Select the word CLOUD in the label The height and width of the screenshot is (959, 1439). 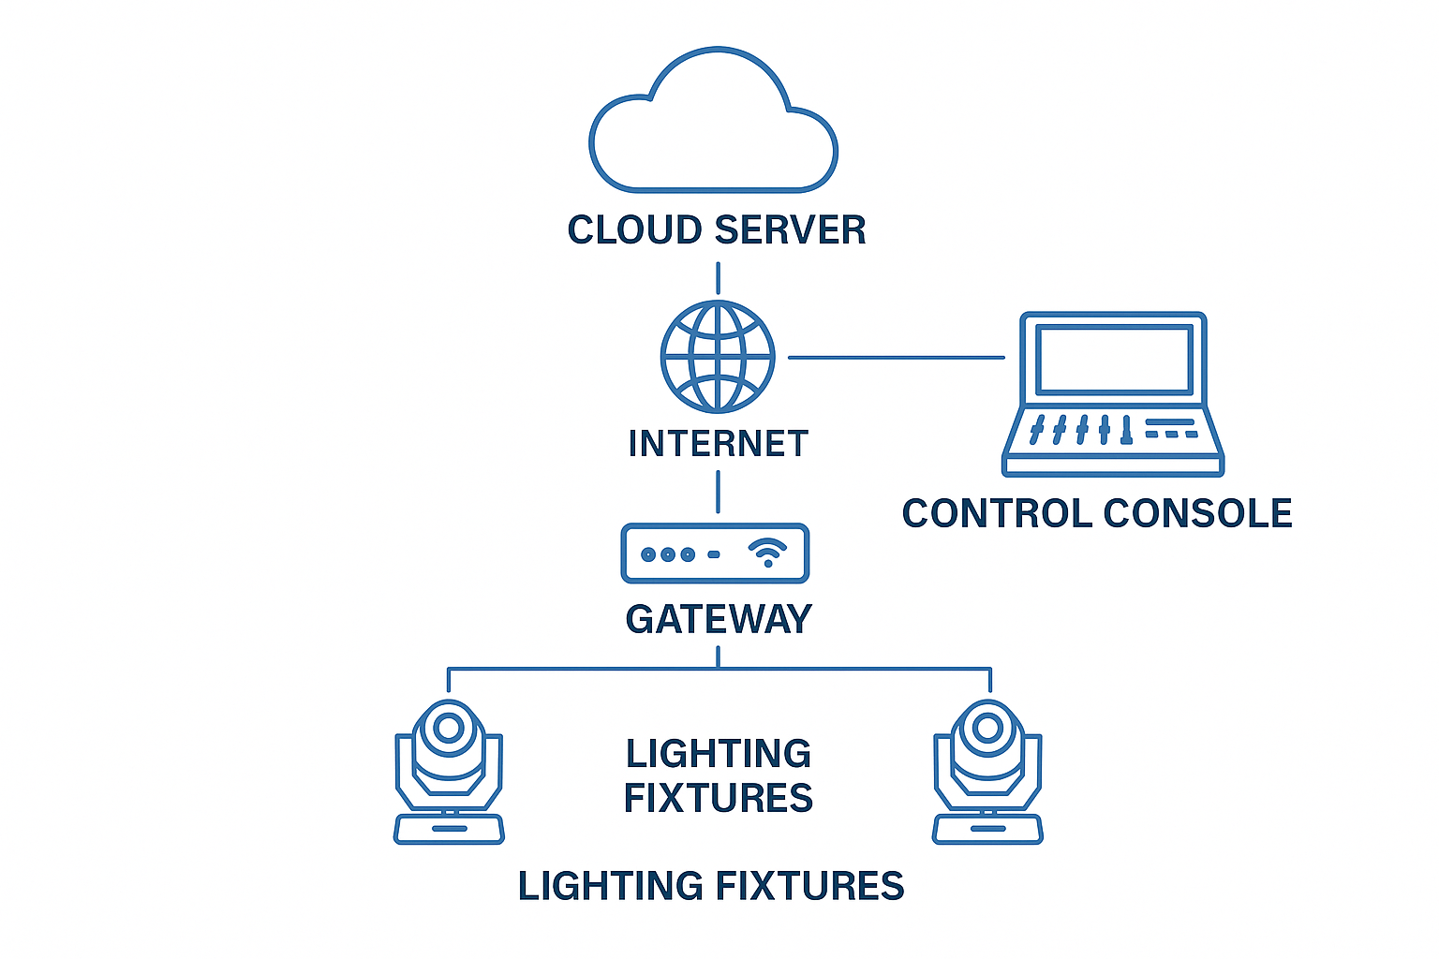pos(634,230)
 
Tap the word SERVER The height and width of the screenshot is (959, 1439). pos(791,230)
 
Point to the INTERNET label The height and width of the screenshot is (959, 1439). pos(719,443)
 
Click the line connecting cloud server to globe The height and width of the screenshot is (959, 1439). pos(718,278)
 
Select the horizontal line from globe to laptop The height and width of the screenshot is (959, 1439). pos(897,358)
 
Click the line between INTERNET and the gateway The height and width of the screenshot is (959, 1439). pos(718,492)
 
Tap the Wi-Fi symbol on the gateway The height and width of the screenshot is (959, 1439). pos(767,553)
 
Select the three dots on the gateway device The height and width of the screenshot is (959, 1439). pos(668,554)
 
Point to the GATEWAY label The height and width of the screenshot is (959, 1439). pos(719,619)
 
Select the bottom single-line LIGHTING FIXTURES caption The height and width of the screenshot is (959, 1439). pos(711,886)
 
